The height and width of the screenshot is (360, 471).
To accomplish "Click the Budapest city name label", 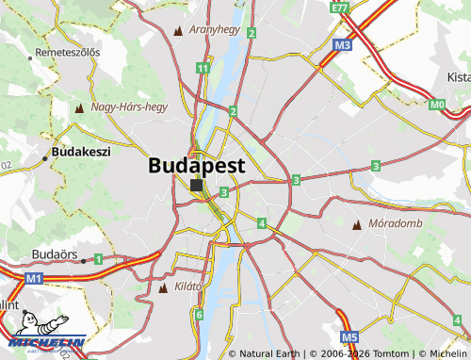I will pos(196,165).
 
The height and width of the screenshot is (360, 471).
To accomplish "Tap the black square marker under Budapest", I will pos(196,186).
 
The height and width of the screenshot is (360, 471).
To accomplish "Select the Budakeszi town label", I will pos(81,151).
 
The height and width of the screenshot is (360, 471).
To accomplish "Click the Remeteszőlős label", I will pos(67,52).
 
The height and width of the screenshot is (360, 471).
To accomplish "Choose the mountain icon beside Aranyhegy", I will pos(179,30).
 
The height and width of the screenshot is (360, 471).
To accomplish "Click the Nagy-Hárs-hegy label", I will pos(128,107).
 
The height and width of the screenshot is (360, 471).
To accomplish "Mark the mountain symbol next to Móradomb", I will pos(356,225).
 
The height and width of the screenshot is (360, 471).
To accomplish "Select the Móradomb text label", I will pos(397,224).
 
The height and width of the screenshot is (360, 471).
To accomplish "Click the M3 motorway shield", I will pos(342,44).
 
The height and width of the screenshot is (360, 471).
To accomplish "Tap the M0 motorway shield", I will pos(436,105).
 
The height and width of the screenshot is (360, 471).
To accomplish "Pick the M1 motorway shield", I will pos(34,279).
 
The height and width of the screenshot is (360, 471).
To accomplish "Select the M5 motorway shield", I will pos(349,336).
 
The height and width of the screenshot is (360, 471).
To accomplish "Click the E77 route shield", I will pos(340,8).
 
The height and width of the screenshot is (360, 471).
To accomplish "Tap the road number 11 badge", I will pos(203,68).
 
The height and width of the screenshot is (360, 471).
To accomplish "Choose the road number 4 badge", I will pos(261,223).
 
